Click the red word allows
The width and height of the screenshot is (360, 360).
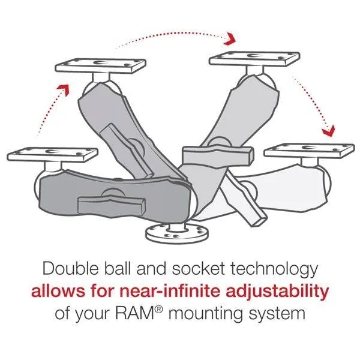(x=58, y=292)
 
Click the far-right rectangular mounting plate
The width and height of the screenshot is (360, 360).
(x=299, y=149)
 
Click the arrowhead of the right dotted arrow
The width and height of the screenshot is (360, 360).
(x=327, y=130)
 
